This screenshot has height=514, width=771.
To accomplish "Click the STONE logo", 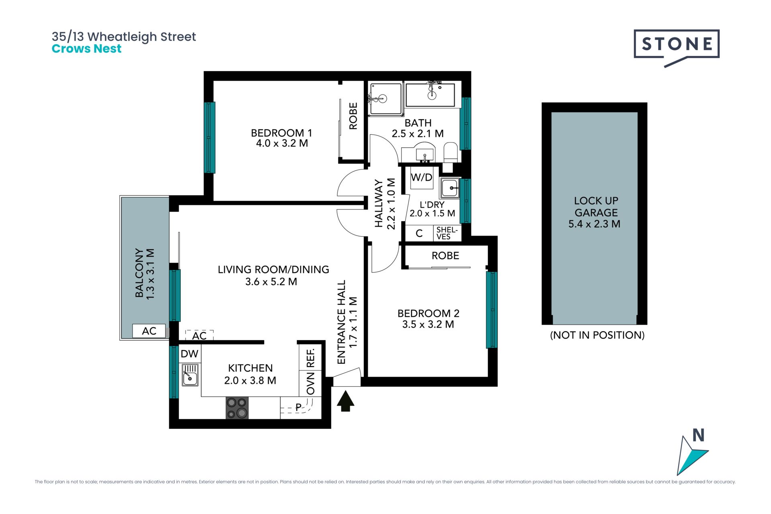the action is point(677,46).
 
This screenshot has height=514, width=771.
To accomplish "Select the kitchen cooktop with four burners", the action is point(237,408).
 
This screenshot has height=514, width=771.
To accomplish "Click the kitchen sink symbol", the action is point(190,375).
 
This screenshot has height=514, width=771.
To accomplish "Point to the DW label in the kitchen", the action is point(190,354).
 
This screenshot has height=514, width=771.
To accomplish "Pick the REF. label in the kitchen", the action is point(310,358).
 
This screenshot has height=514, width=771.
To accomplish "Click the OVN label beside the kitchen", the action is point(310,383).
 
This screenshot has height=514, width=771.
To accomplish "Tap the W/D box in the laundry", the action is point(422,177).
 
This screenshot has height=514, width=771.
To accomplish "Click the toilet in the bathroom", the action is point(450,154).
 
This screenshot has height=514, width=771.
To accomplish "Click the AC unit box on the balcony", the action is point(149,331).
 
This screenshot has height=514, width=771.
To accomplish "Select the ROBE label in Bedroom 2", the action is point(445,255).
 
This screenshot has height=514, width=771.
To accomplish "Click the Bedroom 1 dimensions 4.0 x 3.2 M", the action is point(282,143).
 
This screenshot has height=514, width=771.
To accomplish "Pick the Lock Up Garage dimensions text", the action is point(594,224).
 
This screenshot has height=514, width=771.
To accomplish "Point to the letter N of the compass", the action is point(698,435).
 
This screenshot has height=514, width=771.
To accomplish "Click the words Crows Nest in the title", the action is point(86,49).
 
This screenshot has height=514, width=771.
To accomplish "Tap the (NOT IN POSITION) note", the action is point(597,335).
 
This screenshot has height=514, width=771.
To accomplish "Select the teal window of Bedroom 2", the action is point(492,310).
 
